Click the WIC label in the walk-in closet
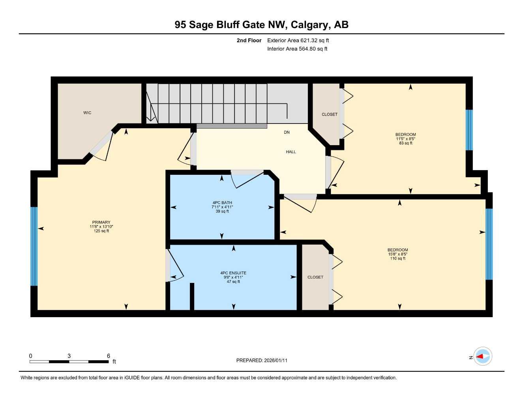[87, 113]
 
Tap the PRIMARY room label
[101, 223]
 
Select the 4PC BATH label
[222, 203]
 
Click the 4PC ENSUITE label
[233, 273]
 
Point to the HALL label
[291, 152]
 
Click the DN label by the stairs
[287, 132]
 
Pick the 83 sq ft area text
[405, 143]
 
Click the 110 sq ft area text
[397, 258]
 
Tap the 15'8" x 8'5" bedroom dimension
[397, 254]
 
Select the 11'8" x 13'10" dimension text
[101, 227]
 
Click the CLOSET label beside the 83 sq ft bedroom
[330, 114]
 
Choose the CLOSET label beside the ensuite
[315, 277]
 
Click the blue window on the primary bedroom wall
[34, 246]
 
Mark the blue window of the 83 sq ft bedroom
[469, 130]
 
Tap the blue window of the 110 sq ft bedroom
[489, 244]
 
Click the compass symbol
[482, 356]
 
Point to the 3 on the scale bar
[69, 356]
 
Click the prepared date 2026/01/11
[276, 361]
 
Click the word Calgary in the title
[309, 25]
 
